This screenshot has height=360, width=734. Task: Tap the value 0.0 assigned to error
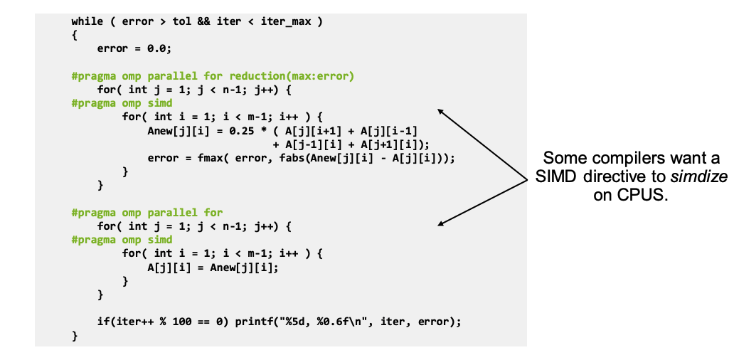[x=156, y=48]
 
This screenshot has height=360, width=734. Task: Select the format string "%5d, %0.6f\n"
[x=326, y=322]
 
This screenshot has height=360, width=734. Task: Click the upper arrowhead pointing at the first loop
[x=441, y=112]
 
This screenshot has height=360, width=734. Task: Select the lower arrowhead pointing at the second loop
[x=442, y=223]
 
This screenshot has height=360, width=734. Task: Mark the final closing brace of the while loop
[x=75, y=336]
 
